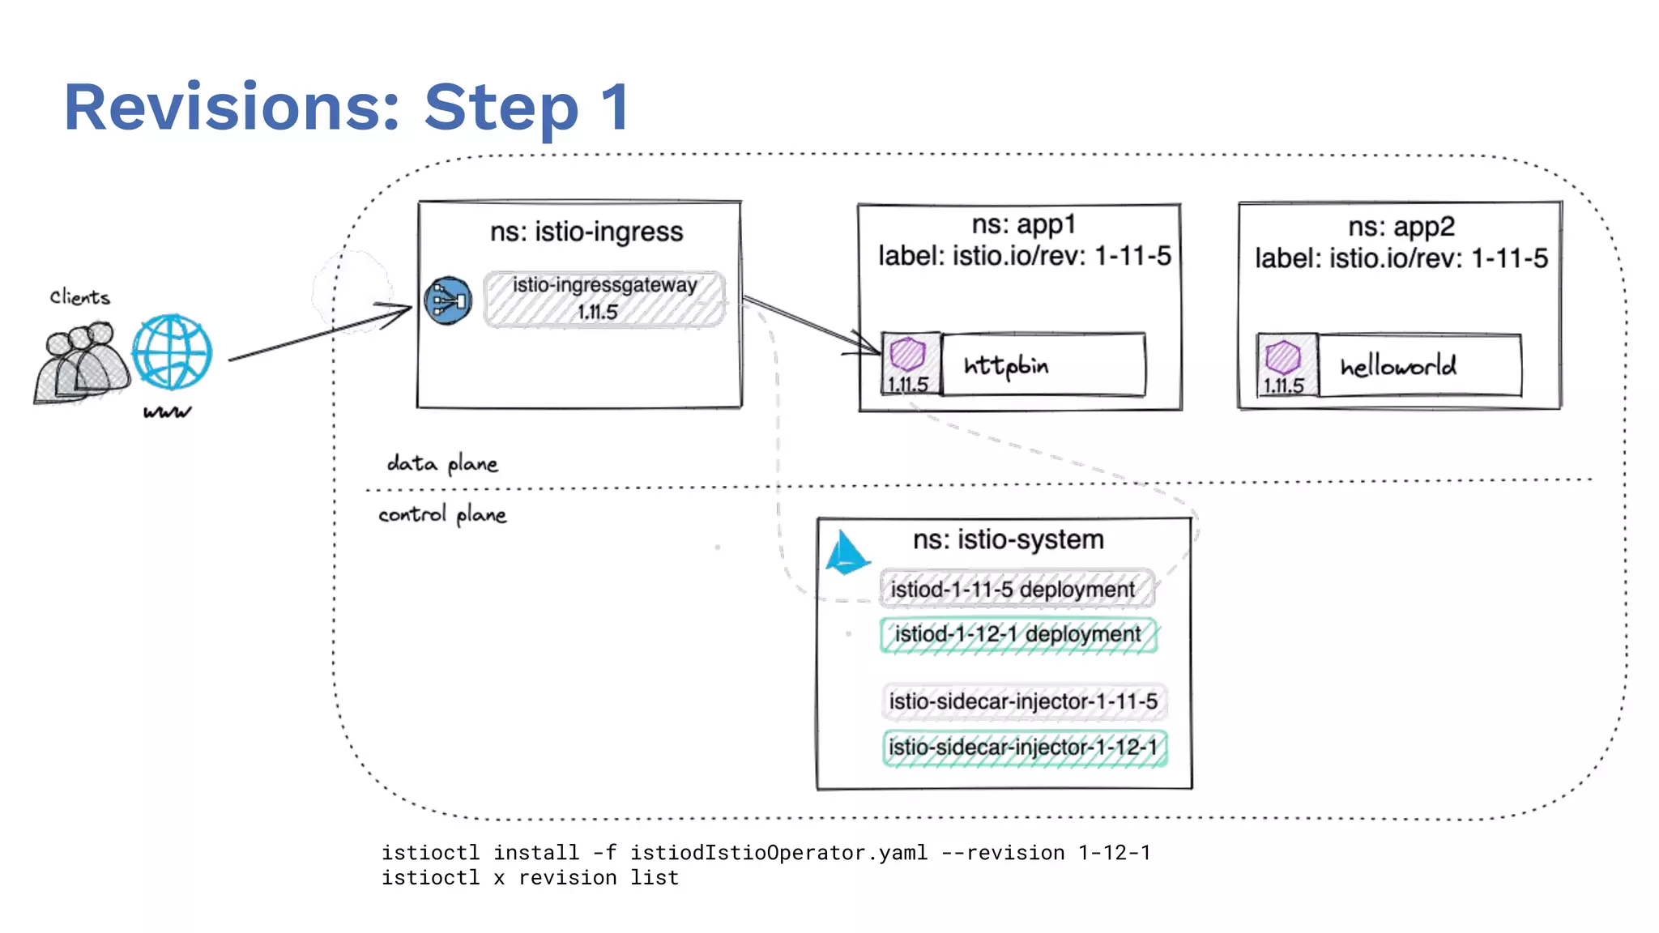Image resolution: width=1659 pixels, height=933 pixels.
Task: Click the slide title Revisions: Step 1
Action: pos(347,107)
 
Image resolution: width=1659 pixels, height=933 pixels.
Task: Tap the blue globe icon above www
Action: pos(172,352)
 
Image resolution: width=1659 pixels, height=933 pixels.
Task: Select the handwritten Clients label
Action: pos(79,297)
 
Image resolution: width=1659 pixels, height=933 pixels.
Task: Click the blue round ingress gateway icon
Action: pos(448,301)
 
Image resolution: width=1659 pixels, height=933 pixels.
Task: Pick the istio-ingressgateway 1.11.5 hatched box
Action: pos(604,299)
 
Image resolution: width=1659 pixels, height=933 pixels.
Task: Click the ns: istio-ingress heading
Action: pos(586,232)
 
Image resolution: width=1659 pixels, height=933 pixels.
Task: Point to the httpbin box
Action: pos(1043,365)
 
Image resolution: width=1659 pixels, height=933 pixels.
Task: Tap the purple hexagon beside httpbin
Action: pos(907,354)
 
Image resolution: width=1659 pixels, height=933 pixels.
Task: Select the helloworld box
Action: pos(1419,366)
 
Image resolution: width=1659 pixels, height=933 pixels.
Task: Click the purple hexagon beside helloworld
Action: pos(1283,356)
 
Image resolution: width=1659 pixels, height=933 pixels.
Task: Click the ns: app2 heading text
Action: pos(1401,227)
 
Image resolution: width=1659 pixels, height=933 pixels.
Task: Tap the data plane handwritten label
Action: pos(442,464)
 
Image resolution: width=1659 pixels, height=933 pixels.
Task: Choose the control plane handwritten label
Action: pos(442,515)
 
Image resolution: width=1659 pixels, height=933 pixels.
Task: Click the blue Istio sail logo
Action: pos(847,553)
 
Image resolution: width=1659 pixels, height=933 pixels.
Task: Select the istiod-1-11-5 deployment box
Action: pos(1017,589)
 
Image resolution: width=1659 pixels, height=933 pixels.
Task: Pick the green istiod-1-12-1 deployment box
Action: pos(1018,634)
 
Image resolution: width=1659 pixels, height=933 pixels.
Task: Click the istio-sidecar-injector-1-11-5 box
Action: pos(1024,701)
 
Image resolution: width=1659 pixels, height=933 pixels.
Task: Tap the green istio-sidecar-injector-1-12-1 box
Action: pos(1024,748)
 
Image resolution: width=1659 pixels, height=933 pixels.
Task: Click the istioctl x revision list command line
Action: pos(530,878)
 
